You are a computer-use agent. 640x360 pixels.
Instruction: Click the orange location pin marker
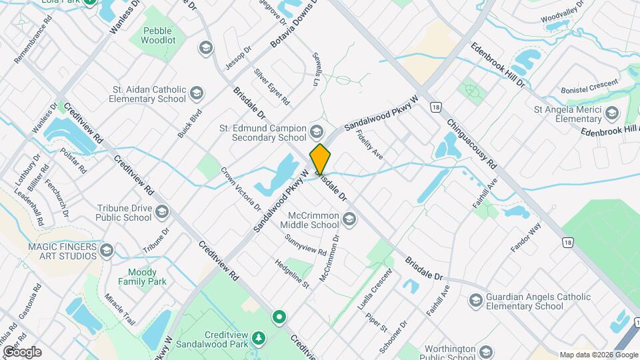coord(320,159)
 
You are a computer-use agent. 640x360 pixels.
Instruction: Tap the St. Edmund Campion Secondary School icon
coord(316,131)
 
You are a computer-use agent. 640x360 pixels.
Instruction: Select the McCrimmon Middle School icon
coord(349,219)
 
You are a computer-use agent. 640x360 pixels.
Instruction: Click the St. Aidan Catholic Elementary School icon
coord(196,93)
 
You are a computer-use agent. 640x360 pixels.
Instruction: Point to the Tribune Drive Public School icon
coord(161,213)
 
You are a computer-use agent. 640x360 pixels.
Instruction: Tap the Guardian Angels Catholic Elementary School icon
coord(475,301)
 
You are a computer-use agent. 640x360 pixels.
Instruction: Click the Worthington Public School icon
coord(486,352)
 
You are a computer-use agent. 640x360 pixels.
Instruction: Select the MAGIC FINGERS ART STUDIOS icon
coord(107,251)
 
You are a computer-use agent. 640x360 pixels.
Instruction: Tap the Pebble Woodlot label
coord(157,35)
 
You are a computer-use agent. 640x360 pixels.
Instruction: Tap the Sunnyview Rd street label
coord(305,245)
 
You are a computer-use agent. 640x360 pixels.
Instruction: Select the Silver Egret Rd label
coord(271,87)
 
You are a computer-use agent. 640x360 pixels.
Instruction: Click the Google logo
coord(22,352)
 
